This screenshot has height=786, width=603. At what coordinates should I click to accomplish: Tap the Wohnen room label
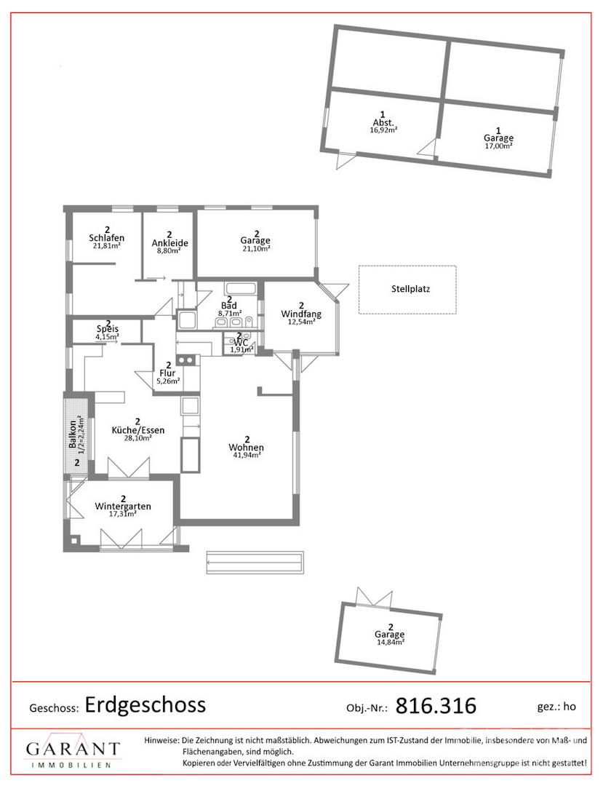(246, 447)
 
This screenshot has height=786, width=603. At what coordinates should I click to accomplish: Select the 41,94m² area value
(246, 455)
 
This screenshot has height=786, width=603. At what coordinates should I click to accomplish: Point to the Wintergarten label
(123, 507)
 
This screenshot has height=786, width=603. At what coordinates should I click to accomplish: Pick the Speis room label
(108, 329)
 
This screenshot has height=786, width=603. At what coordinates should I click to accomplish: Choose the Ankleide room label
(169, 243)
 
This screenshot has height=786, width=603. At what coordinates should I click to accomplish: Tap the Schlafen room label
(107, 237)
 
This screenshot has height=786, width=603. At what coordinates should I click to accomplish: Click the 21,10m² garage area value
(255, 248)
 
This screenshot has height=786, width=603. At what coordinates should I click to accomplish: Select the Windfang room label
(301, 314)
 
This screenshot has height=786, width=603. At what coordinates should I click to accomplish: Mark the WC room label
(241, 342)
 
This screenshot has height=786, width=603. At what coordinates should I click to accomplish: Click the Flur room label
(167, 373)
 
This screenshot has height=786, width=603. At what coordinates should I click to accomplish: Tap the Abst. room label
(383, 122)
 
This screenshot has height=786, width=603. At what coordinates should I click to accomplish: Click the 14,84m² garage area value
(391, 641)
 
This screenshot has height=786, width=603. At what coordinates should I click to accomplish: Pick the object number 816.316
(436, 706)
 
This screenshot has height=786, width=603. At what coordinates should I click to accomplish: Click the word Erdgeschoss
(145, 704)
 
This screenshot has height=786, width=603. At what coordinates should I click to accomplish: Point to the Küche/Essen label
(137, 430)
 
